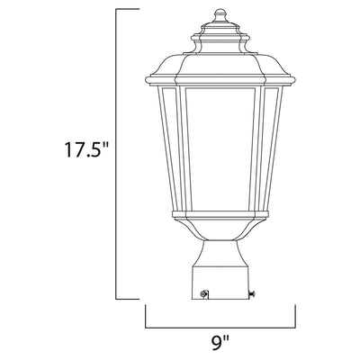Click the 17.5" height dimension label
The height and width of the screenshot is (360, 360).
pos(86,149)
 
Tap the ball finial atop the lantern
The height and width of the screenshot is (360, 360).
pos(220,13)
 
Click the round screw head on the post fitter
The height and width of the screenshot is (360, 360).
pos(204,293)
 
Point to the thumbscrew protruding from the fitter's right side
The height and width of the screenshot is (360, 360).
pos(252,295)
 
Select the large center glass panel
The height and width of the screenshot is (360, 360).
pos(220,148)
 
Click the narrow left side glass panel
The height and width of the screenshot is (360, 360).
pos(171,148)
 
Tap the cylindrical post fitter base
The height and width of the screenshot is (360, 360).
pos(220,282)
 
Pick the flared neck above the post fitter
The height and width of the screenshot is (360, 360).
pos(220,253)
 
